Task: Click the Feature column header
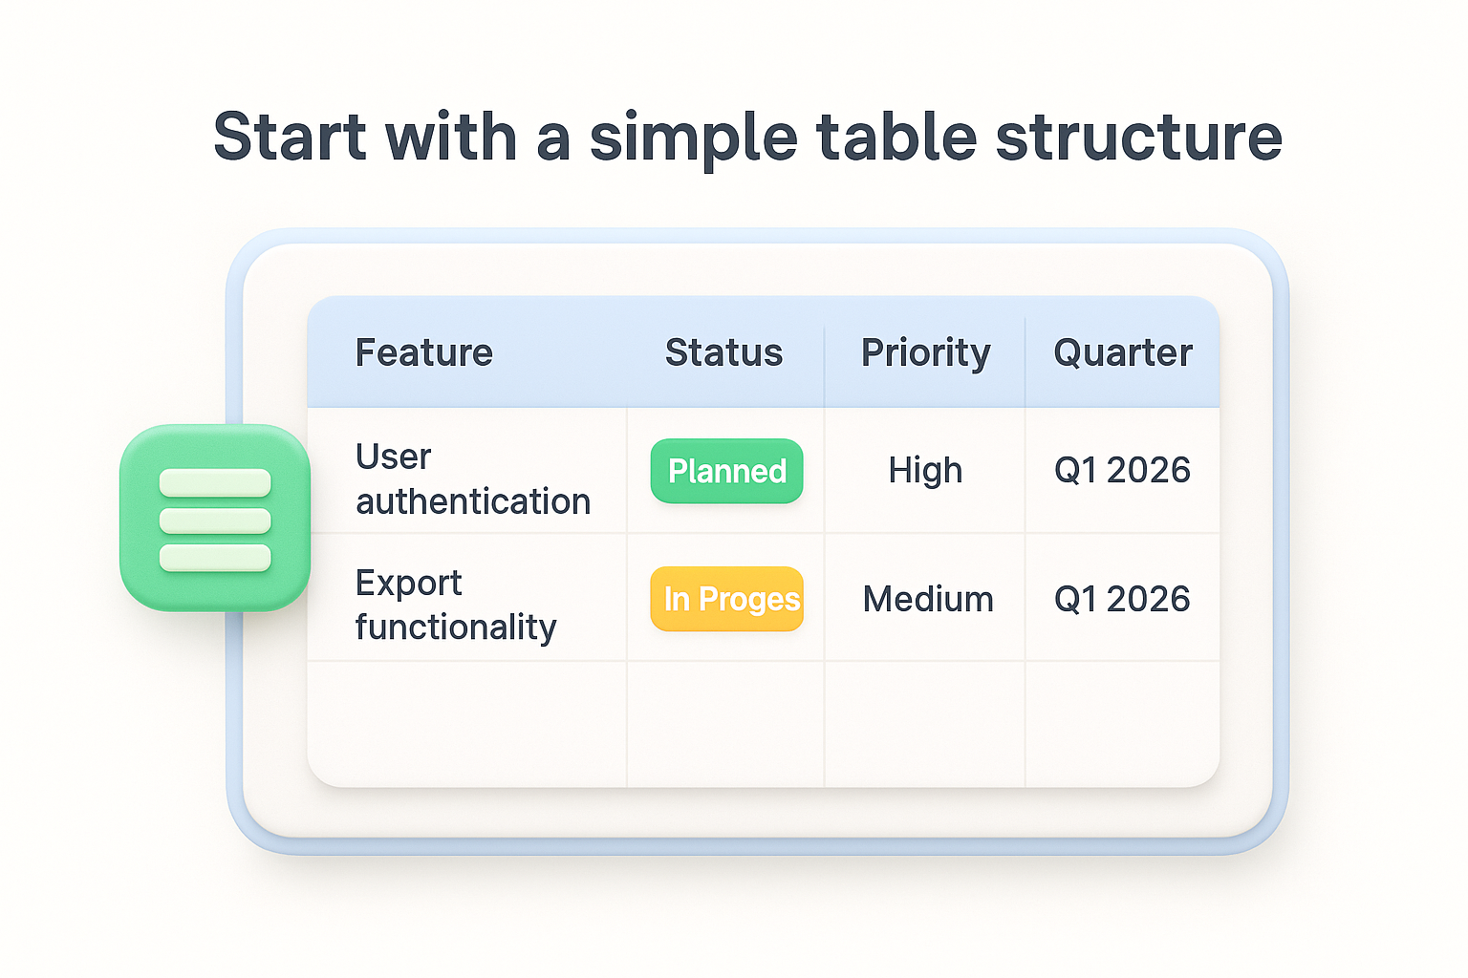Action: (x=423, y=353)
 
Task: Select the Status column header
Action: (x=723, y=353)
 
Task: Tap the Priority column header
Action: (x=925, y=353)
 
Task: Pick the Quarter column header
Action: (x=1122, y=353)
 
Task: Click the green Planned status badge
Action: (x=726, y=471)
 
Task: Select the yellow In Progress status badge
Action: (x=727, y=599)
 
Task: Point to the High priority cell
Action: (x=924, y=470)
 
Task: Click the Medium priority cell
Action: (x=927, y=599)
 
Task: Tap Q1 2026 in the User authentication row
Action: (x=1121, y=470)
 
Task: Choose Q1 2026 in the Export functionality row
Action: (x=1121, y=599)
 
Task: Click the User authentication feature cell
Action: (x=472, y=478)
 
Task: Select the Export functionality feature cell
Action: (x=455, y=605)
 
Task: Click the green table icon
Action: (x=215, y=518)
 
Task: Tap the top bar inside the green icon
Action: (x=215, y=483)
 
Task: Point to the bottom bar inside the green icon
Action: (x=215, y=558)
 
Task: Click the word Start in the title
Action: (x=289, y=137)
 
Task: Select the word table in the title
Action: (x=896, y=137)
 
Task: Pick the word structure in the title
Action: (x=1138, y=137)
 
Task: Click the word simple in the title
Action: (x=693, y=137)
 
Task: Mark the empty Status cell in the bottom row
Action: (x=725, y=723)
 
